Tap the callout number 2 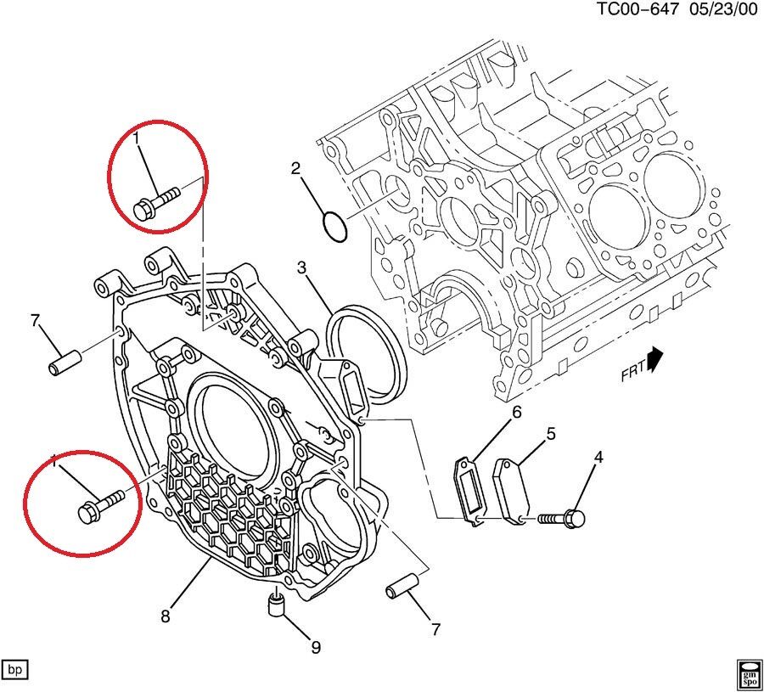pyautogui.click(x=296, y=169)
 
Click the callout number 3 pyautogui.click(x=301, y=269)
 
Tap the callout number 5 pyautogui.click(x=551, y=435)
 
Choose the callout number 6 pyautogui.click(x=514, y=414)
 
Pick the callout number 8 pyautogui.click(x=166, y=615)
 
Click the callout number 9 pyautogui.click(x=316, y=648)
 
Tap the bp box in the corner pyautogui.click(x=15, y=670)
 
